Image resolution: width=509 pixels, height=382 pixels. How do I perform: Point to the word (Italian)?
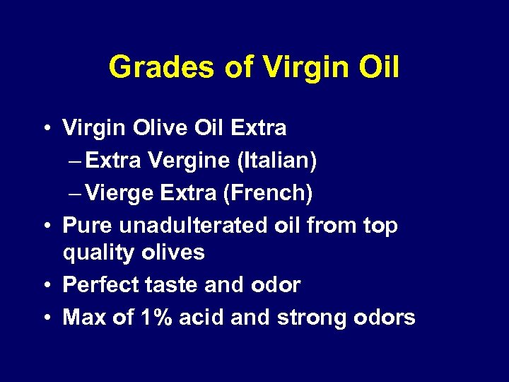point(273,161)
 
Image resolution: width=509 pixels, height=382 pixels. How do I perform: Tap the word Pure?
point(88,226)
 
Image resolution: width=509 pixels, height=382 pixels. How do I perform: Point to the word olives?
point(177,253)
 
